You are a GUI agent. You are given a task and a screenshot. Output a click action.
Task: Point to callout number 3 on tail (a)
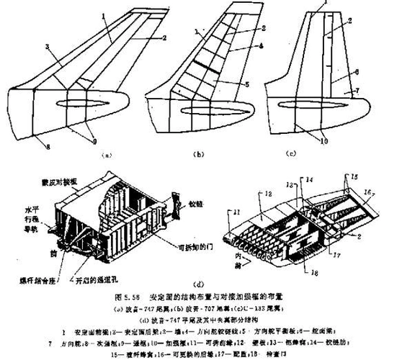pyautogui.click(x=47, y=48)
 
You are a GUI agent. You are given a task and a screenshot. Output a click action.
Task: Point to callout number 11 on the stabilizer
pyautogui.click(x=236, y=210)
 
